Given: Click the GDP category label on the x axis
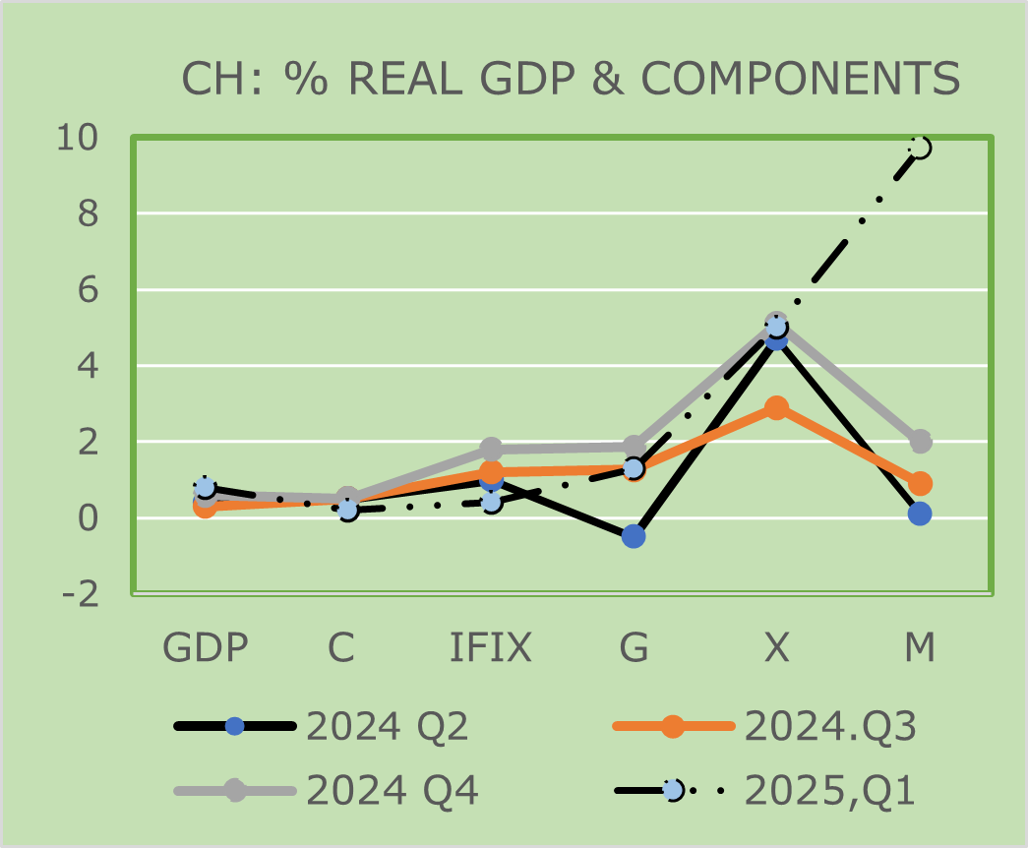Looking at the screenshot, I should click(x=205, y=648).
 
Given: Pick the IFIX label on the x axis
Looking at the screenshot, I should click(x=490, y=648).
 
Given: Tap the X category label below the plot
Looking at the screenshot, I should click(x=776, y=648).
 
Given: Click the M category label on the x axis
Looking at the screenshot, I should click(x=920, y=648).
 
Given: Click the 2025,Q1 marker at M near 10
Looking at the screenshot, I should click(x=920, y=148).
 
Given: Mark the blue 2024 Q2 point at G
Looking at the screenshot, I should click(x=634, y=536).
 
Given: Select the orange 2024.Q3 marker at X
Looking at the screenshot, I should click(x=776, y=407).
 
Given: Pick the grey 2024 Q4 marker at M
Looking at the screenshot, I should click(x=920, y=442).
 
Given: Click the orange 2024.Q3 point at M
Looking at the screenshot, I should click(x=920, y=483).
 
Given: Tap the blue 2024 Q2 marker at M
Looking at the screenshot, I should click(x=920, y=514).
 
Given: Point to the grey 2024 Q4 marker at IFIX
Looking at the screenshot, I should click(x=491, y=449).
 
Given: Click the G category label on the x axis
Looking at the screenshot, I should click(x=634, y=648).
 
